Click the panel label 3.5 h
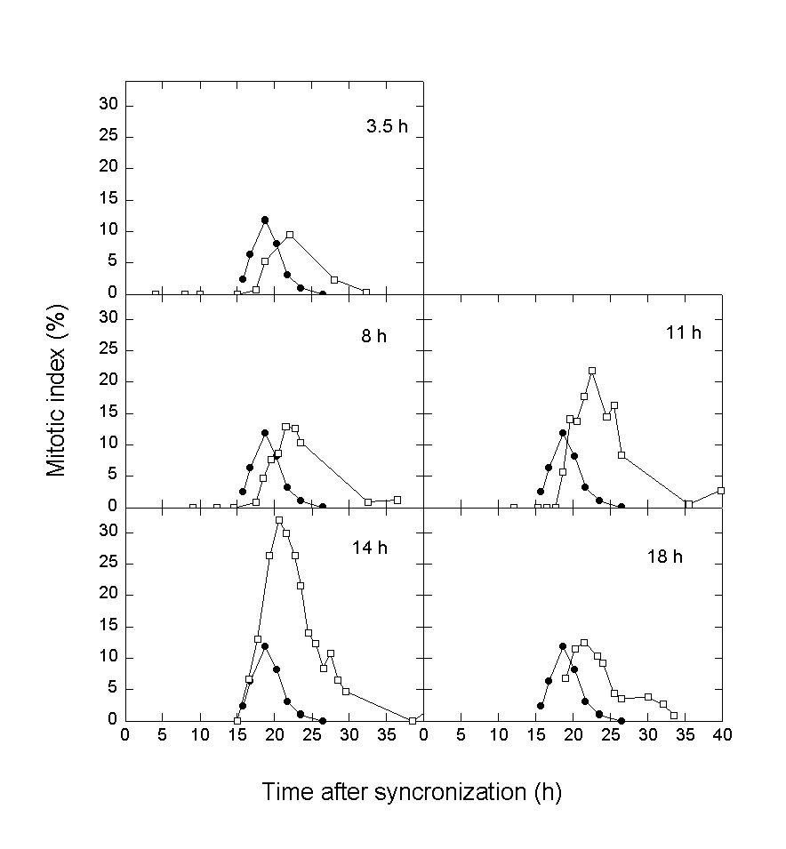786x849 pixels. point(387,126)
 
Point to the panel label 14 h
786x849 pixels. point(369,548)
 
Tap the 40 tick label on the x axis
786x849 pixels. point(723,736)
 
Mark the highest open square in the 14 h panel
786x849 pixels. point(279,520)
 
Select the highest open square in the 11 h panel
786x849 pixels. point(592,371)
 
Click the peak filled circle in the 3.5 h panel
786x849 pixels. point(265,220)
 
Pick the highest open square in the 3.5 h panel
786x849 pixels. point(290,235)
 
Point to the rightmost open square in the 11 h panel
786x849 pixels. point(721,490)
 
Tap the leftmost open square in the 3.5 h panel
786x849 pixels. point(156,293)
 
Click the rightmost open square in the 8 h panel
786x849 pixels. point(397,500)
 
